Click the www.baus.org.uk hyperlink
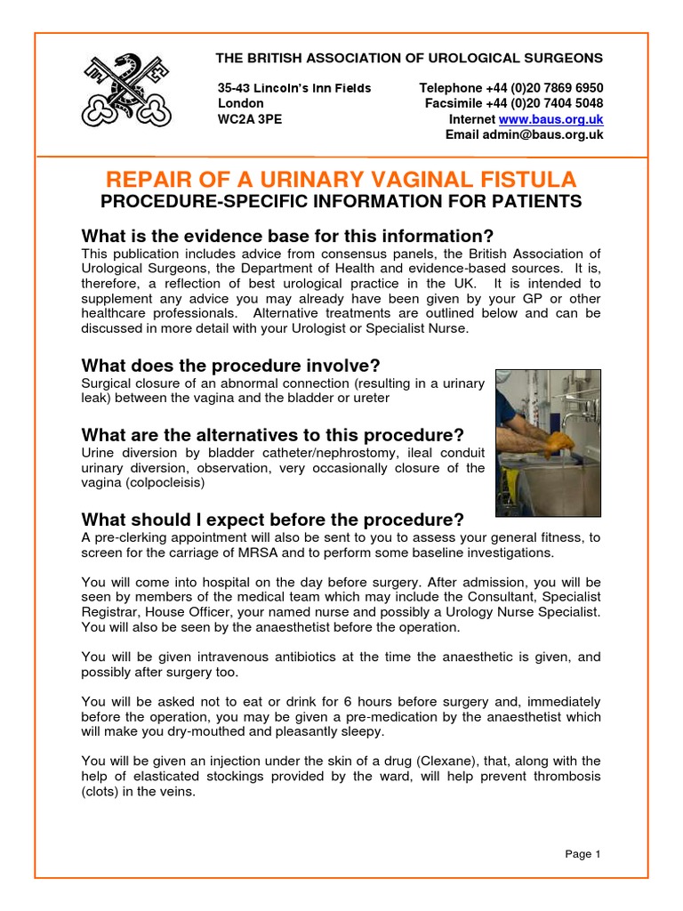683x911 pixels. pos(551,119)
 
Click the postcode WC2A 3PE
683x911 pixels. pos(250,119)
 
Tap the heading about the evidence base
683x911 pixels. pos(286,237)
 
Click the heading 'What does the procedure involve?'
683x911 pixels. pos(230,366)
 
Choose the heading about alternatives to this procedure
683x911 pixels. pos(272,435)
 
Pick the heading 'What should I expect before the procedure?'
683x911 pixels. pos(272,520)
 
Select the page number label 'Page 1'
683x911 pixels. pos(583,855)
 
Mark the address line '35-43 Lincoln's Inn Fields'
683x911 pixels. pos(294,88)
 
